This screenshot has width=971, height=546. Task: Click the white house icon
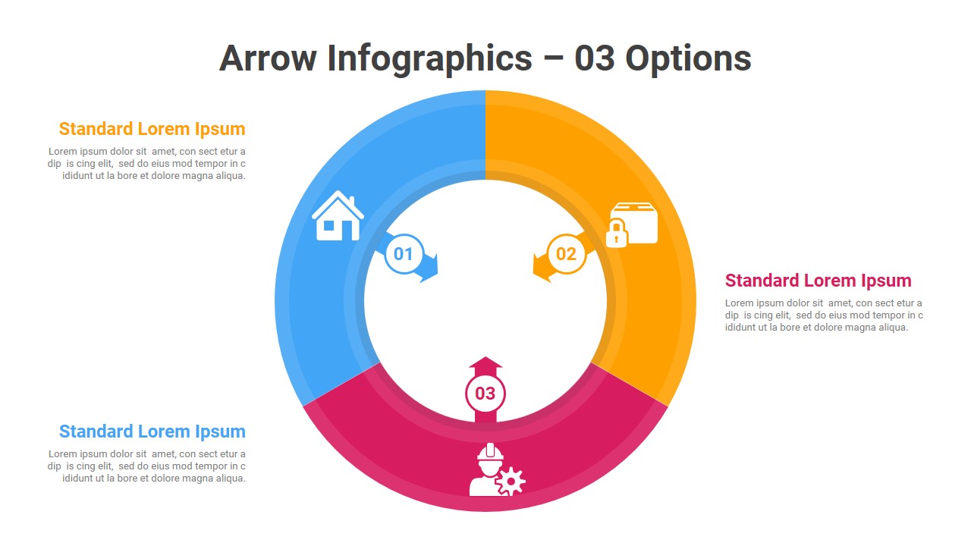[338, 216]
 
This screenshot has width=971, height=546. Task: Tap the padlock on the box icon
[617, 234]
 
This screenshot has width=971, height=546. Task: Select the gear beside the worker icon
[511, 481]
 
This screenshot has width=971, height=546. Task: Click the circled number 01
[404, 254]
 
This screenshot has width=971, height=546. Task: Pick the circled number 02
[566, 254]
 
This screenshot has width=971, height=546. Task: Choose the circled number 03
[485, 394]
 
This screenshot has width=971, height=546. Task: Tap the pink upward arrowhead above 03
[485, 363]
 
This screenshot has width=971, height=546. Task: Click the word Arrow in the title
[268, 58]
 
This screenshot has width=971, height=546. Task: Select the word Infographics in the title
[429, 60]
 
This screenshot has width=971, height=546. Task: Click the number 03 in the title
[594, 58]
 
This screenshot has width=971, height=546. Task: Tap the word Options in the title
[688, 60]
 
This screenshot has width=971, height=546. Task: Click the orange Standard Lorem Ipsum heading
[152, 129]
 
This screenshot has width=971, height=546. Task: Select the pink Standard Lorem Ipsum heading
[819, 281]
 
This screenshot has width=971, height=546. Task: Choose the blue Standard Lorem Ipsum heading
[152, 431]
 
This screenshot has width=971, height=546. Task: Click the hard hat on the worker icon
[490, 452]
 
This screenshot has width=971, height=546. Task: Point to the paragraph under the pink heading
[824, 315]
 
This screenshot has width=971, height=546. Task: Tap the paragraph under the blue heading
[146, 466]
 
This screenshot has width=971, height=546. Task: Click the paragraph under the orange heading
[146, 163]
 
